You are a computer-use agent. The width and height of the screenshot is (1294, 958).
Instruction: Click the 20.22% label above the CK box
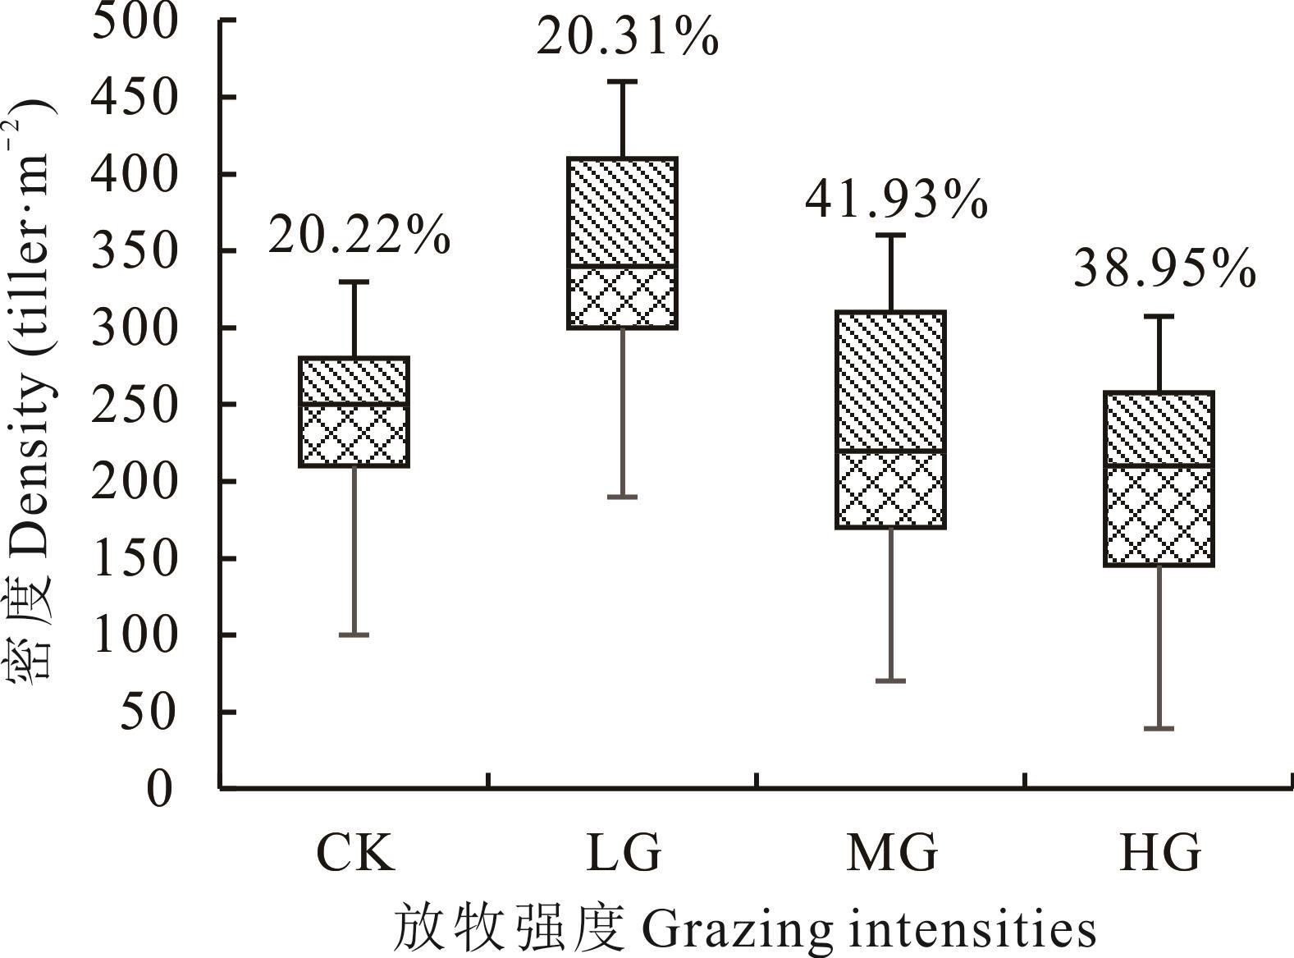click(359, 236)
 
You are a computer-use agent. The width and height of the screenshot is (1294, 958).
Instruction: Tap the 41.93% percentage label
click(895, 200)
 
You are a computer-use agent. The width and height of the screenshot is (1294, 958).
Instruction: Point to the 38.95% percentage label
click(1164, 269)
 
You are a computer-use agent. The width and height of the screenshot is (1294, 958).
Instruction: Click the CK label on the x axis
click(354, 853)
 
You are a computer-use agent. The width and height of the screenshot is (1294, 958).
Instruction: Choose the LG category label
click(624, 853)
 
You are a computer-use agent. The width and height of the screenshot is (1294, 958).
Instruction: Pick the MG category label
click(892, 853)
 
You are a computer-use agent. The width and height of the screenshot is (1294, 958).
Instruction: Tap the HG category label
click(1160, 853)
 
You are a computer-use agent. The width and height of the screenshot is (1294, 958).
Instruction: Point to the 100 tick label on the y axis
click(134, 636)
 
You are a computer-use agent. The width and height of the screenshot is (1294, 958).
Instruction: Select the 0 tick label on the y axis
click(160, 789)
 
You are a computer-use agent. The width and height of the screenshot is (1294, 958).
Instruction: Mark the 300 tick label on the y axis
click(134, 328)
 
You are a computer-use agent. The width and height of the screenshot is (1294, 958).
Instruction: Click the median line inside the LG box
click(624, 267)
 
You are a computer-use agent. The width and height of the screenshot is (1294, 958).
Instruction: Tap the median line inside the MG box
click(891, 451)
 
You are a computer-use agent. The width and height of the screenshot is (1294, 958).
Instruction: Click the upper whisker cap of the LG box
click(624, 82)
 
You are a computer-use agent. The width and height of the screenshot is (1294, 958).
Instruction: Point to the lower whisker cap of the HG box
click(1159, 728)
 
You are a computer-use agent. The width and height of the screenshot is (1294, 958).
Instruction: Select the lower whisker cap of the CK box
click(354, 635)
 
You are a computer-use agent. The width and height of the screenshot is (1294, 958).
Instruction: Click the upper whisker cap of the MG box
click(891, 236)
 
